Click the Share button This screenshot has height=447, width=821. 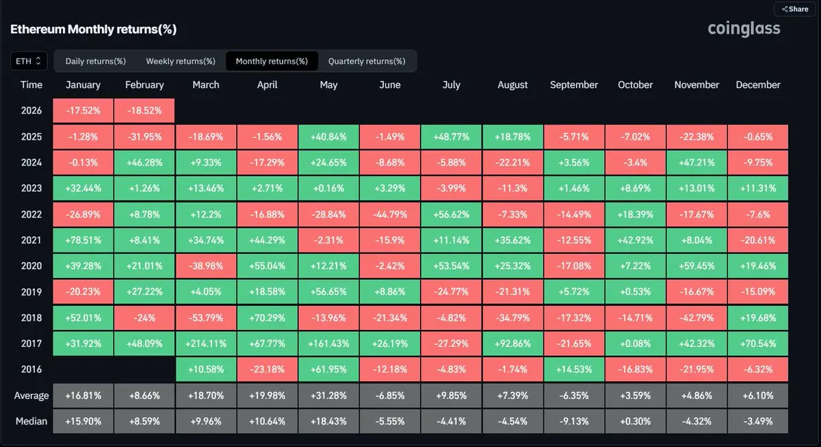795,10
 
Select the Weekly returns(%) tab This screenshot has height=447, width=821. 181,61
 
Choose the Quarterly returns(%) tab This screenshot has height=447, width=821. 367,61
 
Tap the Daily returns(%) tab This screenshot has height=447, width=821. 96,61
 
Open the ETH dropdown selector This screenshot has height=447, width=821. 29,61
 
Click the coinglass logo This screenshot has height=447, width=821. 744,29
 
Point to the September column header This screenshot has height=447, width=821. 574,85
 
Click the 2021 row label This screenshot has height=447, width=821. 31,240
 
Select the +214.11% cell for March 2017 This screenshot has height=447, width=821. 206,344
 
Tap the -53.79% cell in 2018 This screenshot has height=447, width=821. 206,318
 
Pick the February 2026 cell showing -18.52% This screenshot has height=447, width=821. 144,111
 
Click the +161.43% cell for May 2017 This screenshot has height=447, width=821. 329,344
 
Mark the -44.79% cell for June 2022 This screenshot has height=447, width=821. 390,214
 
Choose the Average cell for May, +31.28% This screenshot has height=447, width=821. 329,396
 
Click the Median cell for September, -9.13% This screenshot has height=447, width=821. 574,421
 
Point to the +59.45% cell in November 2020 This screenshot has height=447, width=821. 696,266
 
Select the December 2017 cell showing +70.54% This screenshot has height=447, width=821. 758,344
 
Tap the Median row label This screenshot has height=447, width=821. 31,421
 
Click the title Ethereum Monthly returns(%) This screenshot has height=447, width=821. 93,29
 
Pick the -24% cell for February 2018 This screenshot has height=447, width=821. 144,318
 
